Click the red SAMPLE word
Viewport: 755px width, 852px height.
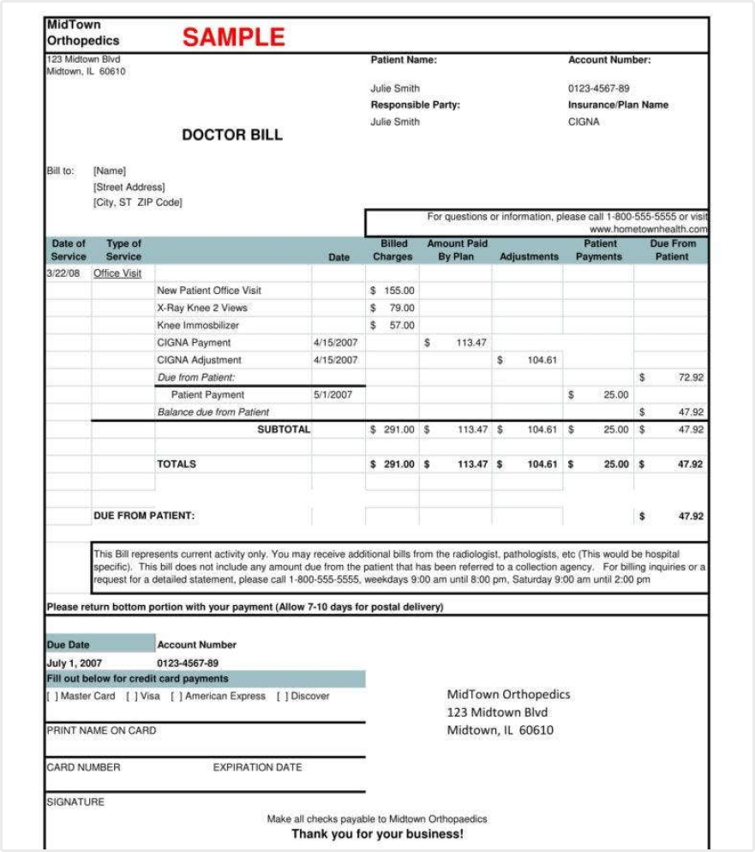pyautogui.click(x=233, y=37)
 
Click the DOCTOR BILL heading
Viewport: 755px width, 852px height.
pyautogui.click(x=231, y=135)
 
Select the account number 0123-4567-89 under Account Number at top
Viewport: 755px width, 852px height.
pyautogui.click(x=598, y=88)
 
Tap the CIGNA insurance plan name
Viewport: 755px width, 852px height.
pyautogui.click(x=584, y=122)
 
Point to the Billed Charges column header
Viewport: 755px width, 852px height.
pyautogui.click(x=392, y=250)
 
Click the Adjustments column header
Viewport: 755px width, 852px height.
pyautogui.click(x=529, y=256)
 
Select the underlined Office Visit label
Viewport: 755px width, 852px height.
pyautogui.click(x=117, y=273)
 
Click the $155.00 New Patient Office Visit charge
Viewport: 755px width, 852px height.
pyautogui.click(x=392, y=291)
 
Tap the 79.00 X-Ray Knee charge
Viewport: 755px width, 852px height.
pyautogui.click(x=401, y=308)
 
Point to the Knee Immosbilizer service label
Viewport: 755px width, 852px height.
pyautogui.click(x=198, y=326)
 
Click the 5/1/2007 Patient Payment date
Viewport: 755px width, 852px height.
pyautogui.click(x=333, y=395)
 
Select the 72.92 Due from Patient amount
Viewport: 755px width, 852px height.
pyautogui.click(x=691, y=377)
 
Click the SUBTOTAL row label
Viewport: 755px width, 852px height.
pyautogui.click(x=284, y=429)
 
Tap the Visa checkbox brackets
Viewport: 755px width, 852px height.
pyautogui.click(x=131, y=697)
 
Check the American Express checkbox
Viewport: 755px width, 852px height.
pyautogui.click(x=176, y=697)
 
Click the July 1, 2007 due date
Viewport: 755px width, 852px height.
pyautogui.click(x=74, y=663)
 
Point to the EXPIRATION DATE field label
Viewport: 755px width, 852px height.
pyautogui.click(x=257, y=767)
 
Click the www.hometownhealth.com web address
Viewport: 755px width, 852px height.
pyautogui.click(x=648, y=230)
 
